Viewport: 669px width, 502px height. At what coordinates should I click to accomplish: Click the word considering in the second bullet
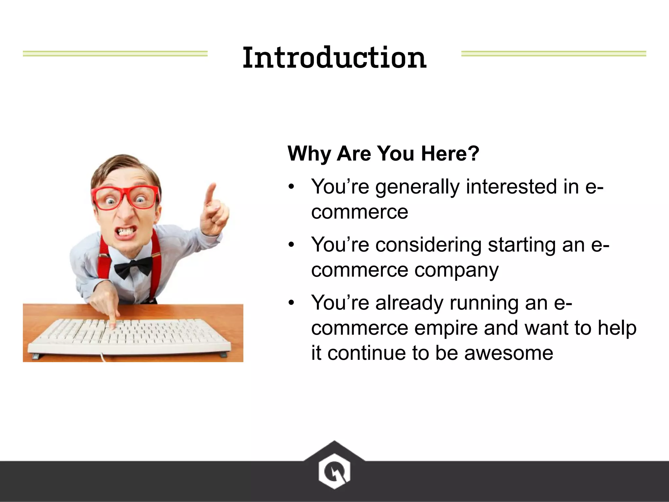428,245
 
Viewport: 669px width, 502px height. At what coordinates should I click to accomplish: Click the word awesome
508,353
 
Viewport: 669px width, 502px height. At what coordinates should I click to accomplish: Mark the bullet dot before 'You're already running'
291,302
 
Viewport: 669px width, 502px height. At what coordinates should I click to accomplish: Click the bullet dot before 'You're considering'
291,244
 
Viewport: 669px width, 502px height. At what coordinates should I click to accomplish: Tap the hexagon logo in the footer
334,471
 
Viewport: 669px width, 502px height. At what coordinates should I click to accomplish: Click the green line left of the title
115,54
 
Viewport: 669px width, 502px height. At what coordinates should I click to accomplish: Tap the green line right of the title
553,54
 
